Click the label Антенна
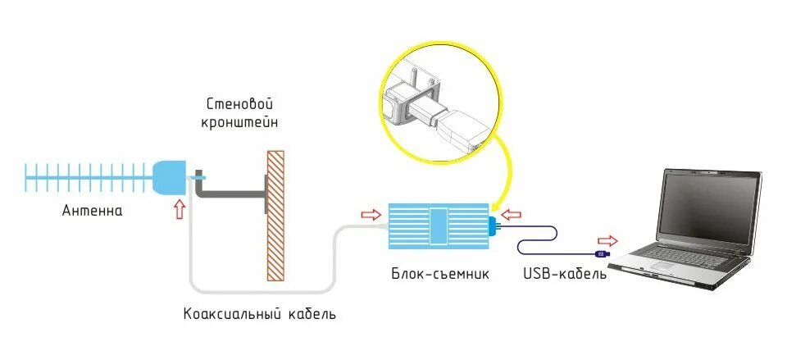pyautogui.click(x=93, y=211)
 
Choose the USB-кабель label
pyautogui.click(x=565, y=274)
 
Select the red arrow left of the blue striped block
pyautogui.click(x=371, y=215)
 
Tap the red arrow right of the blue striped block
pyautogui.click(x=511, y=215)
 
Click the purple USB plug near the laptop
pyautogui.click(x=601, y=254)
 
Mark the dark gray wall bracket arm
pyautogui.click(x=230, y=195)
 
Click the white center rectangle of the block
pyautogui.click(x=439, y=226)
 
